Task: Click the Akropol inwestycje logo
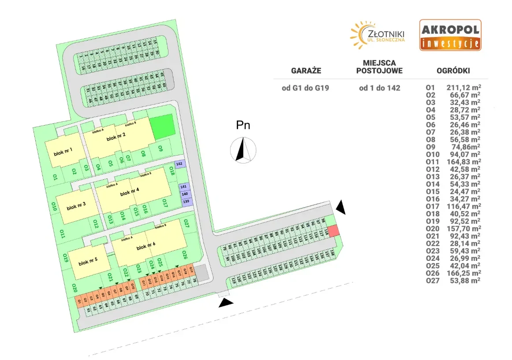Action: point(450,35)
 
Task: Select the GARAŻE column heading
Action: point(306,71)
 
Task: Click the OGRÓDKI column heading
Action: point(453,71)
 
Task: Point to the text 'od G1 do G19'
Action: point(306,88)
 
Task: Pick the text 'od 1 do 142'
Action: point(380,88)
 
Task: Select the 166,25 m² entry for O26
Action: point(463,273)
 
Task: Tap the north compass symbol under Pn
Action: point(243,149)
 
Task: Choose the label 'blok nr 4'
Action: point(129,192)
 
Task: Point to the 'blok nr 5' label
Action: point(88,263)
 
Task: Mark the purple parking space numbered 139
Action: point(186,201)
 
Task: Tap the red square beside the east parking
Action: point(334,230)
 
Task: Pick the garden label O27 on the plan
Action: point(187,223)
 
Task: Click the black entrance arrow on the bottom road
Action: point(226,302)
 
